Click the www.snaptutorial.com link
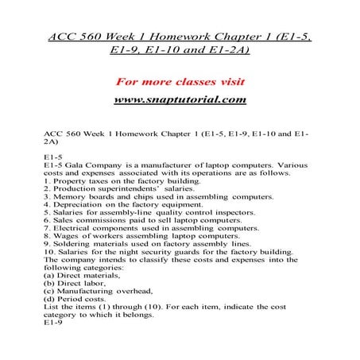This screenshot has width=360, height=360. coord(180,100)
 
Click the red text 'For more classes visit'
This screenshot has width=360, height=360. coord(180,82)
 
